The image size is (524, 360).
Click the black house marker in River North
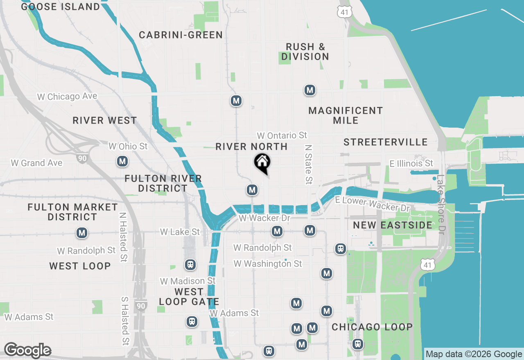pos(262,163)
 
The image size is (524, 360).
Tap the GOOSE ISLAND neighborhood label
pos(60,7)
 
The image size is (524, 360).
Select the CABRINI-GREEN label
pos(181,35)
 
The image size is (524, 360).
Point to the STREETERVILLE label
pos(386,142)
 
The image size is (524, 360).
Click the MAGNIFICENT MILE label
pos(346,115)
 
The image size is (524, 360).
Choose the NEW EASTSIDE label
pos(393,225)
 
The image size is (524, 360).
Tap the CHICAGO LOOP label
pos(372,327)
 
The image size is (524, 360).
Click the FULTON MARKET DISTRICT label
pos(72,212)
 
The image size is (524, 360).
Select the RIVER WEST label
pos(105,121)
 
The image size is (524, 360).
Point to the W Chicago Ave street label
pos(67,97)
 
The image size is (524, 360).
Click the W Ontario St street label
pos(282,135)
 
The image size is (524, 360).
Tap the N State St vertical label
pos(309,164)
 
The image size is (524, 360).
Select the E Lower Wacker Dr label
pos(372,203)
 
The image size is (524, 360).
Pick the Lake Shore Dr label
pos(440,205)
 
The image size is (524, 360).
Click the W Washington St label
pos(268,264)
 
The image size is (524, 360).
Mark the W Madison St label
pos(187,281)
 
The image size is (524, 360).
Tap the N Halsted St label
pos(123,237)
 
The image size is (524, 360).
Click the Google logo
pos(27,351)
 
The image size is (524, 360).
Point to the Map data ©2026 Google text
pos(474,354)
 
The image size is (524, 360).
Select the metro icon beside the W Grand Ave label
pos(122,162)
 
